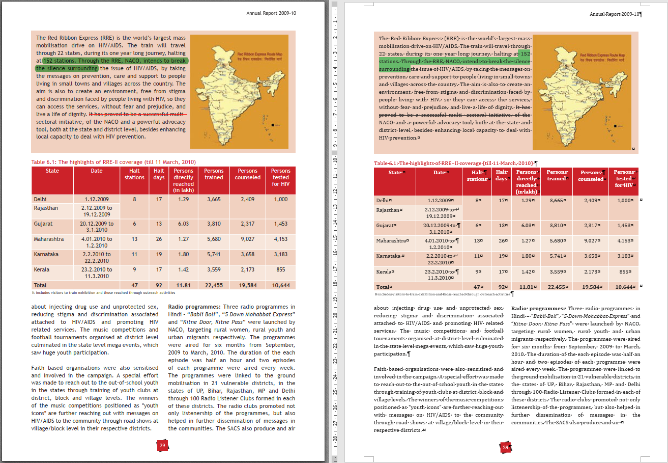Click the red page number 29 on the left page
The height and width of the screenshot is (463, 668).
click(x=162, y=445)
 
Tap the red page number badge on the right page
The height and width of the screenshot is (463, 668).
click(x=505, y=447)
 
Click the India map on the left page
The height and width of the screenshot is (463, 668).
click(x=242, y=91)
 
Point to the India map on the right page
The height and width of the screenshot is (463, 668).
click(x=584, y=92)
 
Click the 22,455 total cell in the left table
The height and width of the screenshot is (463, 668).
click(x=214, y=285)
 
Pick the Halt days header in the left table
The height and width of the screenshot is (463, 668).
click(x=159, y=174)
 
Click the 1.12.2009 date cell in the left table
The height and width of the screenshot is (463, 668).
click(x=97, y=200)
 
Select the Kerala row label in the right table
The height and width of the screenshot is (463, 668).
click(x=385, y=272)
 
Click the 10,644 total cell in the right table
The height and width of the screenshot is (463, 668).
click(x=624, y=287)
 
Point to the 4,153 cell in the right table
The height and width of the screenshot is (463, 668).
click(x=623, y=240)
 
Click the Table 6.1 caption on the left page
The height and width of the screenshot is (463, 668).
click(x=113, y=162)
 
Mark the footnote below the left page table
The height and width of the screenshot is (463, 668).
click(x=103, y=293)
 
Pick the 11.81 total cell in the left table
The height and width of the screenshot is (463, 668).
click(x=183, y=285)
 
